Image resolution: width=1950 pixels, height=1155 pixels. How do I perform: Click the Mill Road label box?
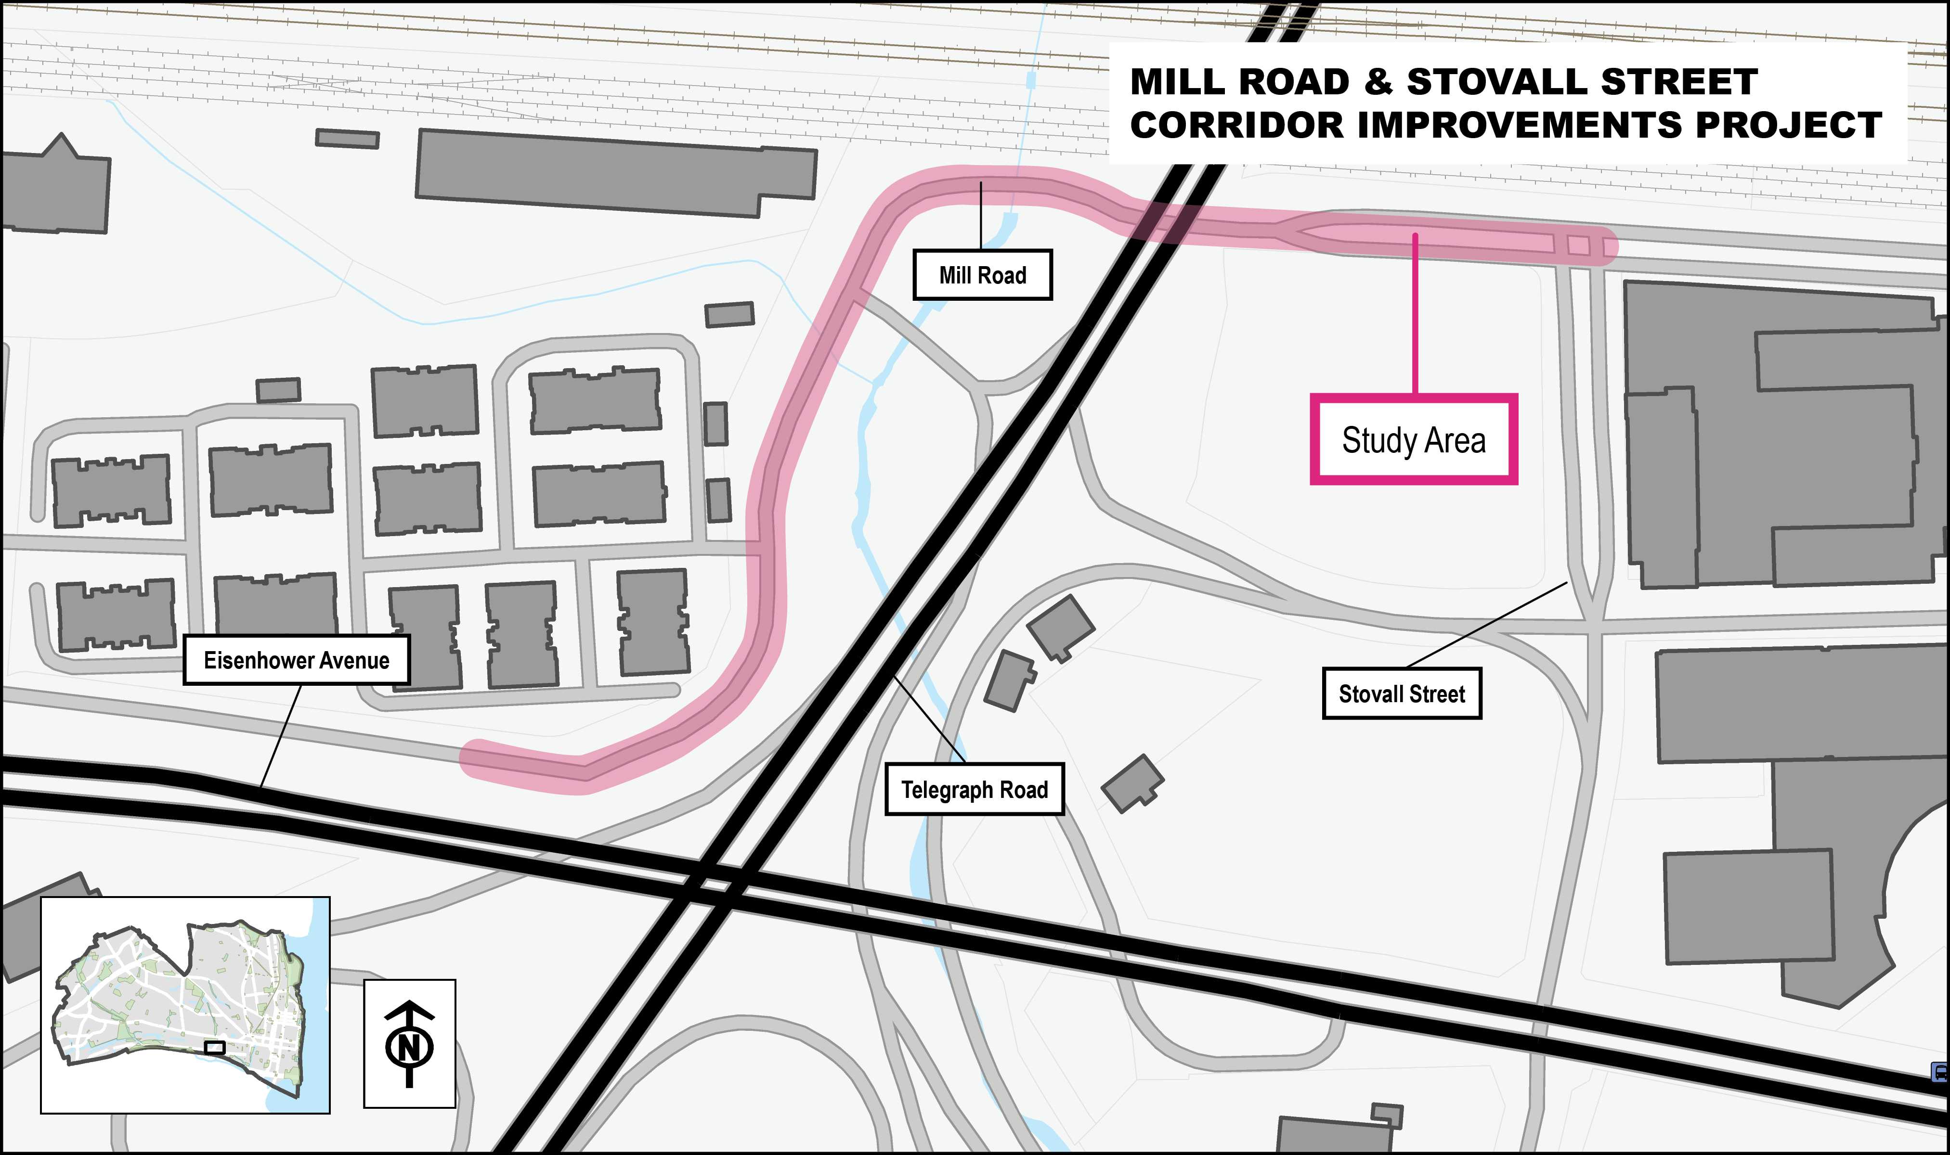coord(982,275)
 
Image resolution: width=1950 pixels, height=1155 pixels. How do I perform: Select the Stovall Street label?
coord(1401,693)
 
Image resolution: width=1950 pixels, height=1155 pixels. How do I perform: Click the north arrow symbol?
coord(409,1043)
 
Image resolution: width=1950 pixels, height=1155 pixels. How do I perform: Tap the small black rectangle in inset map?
coord(215,1048)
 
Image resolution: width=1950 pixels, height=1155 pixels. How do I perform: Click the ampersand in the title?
coord(1378,82)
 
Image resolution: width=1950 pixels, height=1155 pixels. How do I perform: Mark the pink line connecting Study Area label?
coord(1415,311)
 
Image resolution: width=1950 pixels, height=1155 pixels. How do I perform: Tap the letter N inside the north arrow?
coord(409,1047)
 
